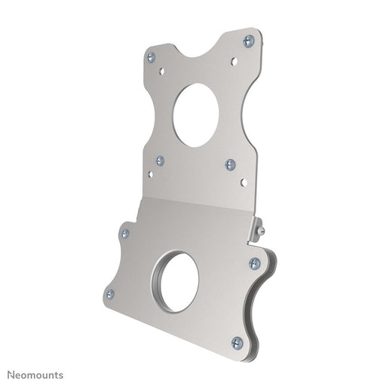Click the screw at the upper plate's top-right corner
pos(249,41)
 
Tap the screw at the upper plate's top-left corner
pos(151,57)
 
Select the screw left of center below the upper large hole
pos(160,161)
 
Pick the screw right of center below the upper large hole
pos(230,164)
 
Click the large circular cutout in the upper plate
pos(195,114)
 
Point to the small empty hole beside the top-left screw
pos(161,70)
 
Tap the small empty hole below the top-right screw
pos(234,61)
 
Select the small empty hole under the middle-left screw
pos(150,174)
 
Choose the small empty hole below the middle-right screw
pos(243,182)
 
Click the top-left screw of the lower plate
pos(125,234)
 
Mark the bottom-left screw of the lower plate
pos(110,294)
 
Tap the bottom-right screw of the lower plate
pos(236,342)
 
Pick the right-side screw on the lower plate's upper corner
pos(254,263)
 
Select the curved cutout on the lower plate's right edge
pos(255,302)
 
